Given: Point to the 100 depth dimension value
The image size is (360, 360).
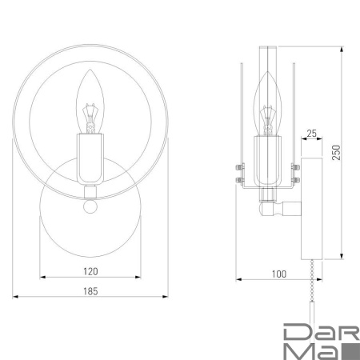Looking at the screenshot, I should click(x=278, y=274).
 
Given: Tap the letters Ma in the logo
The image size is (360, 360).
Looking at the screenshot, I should click(x=309, y=350).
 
